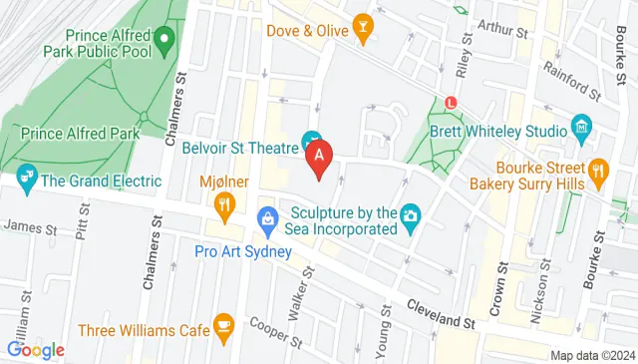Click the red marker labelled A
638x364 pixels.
(x=319, y=157)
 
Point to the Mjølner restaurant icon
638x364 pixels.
(x=225, y=205)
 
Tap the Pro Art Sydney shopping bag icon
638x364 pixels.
(x=267, y=217)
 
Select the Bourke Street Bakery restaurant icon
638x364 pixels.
(x=598, y=171)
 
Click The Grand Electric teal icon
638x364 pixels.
(x=26, y=181)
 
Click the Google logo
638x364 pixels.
(x=36, y=349)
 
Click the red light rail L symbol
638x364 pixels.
(x=452, y=101)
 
